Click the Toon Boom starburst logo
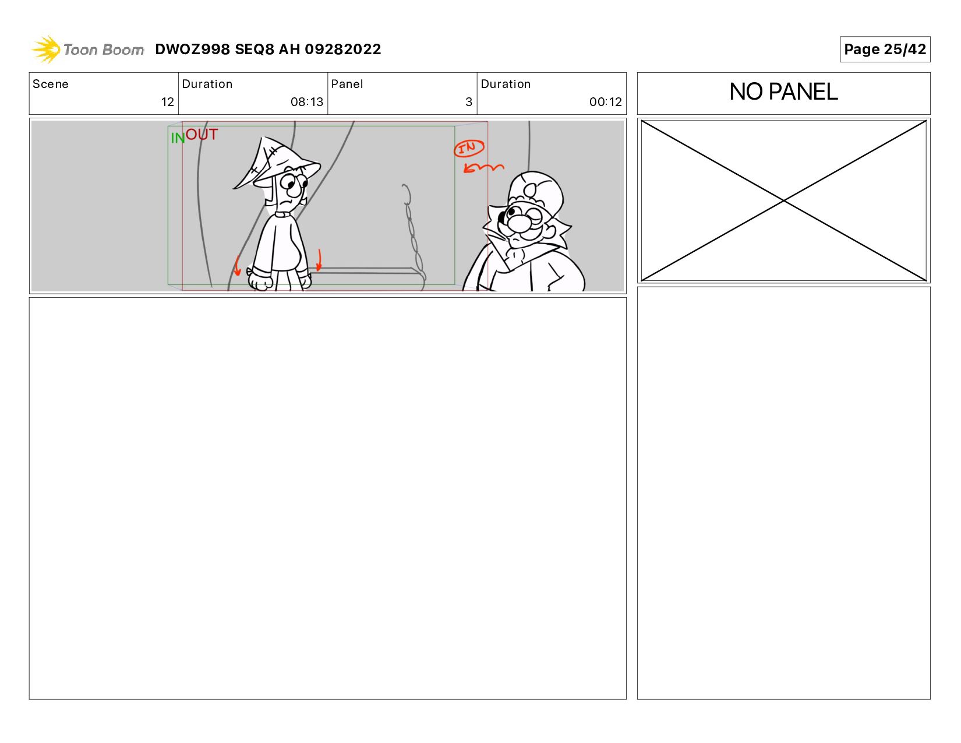click(x=46, y=49)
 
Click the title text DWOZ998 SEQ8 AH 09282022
click(x=268, y=49)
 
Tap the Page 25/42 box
click(x=885, y=49)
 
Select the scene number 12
click(x=168, y=102)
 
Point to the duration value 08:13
click(x=307, y=102)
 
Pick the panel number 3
click(x=469, y=102)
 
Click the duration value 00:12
click(x=606, y=102)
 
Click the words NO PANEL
click(x=783, y=91)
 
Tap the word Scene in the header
click(x=51, y=84)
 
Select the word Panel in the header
click(x=347, y=84)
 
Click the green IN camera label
click(x=178, y=139)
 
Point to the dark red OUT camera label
click(x=202, y=134)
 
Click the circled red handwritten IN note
click(x=469, y=148)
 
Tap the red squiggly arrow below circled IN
click(x=483, y=168)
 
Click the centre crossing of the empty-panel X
click(x=783, y=200)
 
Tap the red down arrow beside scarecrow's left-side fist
click(x=238, y=266)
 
